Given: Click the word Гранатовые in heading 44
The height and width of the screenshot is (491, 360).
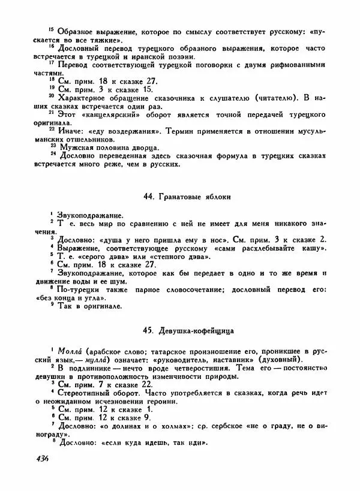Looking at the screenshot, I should [182, 197].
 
